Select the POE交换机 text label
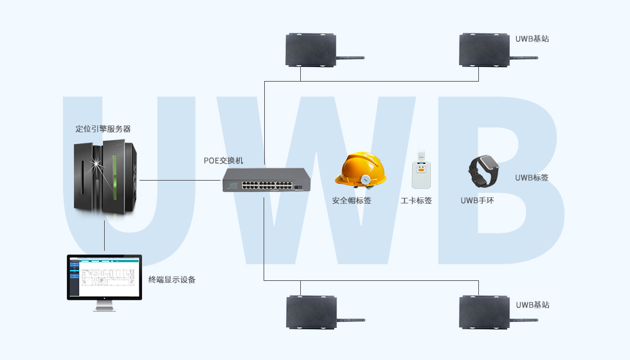(x=223, y=160)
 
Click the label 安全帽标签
(x=352, y=201)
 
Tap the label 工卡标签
(x=416, y=201)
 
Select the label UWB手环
(x=477, y=201)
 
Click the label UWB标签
(x=532, y=177)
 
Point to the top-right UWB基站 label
(x=532, y=39)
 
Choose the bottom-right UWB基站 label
(x=533, y=305)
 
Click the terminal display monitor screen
(x=104, y=277)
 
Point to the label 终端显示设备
(x=172, y=280)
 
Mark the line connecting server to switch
(x=180, y=181)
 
